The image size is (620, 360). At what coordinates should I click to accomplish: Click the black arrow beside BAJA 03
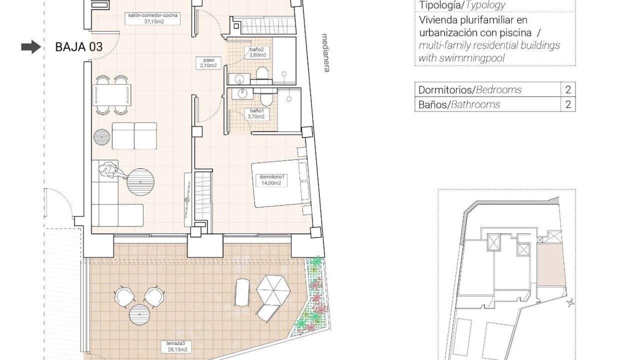click(x=31, y=47)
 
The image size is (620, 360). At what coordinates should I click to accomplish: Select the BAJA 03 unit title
click(x=79, y=47)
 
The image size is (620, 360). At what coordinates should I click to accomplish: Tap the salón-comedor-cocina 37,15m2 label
click(x=153, y=18)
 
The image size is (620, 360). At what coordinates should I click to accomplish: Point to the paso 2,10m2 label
click(x=208, y=63)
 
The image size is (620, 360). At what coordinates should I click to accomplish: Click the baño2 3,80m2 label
click(x=257, y=52)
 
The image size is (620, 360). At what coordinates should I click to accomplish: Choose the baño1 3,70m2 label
click(x=256, y=113)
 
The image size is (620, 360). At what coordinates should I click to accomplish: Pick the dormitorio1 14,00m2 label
click(x=271, y=180)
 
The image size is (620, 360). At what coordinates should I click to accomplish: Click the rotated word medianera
click(x=326, y=53)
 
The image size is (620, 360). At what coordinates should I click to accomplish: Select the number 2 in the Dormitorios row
click(x=568, y=89)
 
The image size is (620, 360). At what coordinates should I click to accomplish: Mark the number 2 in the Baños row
click(x=568, y=104)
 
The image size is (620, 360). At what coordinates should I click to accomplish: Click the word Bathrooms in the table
click(x=475, y=104)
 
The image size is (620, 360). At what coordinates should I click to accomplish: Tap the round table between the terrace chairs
click(x=139, y=314)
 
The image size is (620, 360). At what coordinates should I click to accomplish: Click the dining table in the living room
click(x=112, y=95)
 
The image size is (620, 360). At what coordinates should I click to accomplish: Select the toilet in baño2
click(x=262, y=74)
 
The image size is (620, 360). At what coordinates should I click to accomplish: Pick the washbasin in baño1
click(x=242, y=93)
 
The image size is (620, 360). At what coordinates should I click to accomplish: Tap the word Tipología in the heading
click(x=439, y=5)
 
